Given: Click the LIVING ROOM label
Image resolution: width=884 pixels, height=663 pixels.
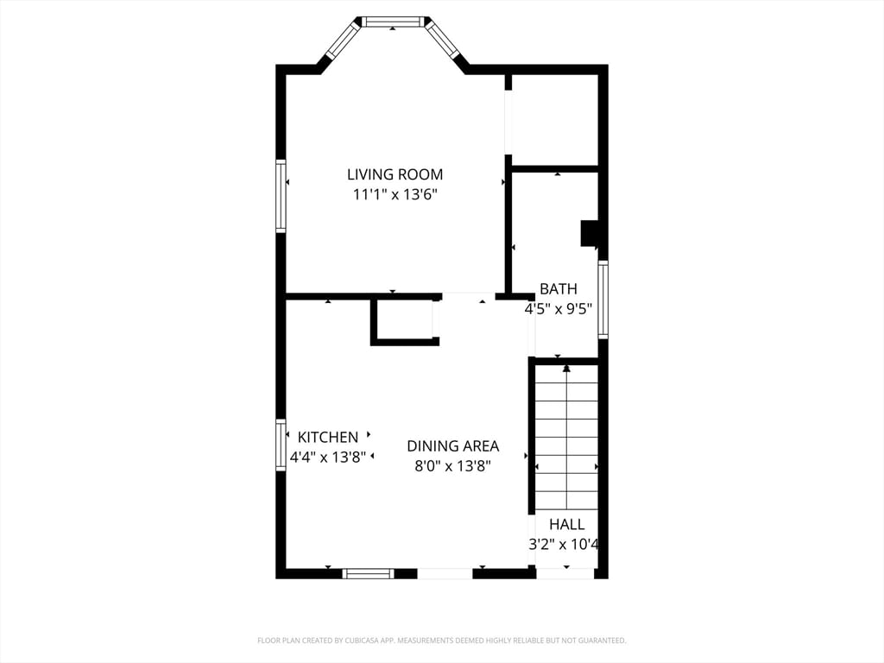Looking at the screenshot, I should click(x=395, y=174).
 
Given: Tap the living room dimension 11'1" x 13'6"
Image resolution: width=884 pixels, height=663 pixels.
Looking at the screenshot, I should click(x=395, y=194).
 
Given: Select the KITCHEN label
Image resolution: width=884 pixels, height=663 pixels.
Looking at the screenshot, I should click(x=327, y=438).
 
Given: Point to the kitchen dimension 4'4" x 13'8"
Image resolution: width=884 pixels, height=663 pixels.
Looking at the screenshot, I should click(x=327, y=457).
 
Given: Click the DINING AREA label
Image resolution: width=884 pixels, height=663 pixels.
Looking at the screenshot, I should click(x=452, y=446).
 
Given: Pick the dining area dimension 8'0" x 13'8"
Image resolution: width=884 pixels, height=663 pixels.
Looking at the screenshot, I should click(x=452, y=466).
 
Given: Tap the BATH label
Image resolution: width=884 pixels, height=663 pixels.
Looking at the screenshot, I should click(x=559, y=289).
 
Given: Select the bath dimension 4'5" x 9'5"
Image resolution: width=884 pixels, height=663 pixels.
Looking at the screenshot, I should click(x=559, y=308).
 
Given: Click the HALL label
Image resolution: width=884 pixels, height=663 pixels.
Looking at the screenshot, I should click(x=566, y=524).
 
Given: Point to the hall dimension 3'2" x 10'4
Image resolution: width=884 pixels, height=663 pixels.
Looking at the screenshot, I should click(x=564, y=544).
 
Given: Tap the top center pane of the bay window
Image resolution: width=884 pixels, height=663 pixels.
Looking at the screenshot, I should click(x=393, y=22).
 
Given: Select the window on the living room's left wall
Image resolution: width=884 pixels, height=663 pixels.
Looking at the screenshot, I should click(x=281, y=195).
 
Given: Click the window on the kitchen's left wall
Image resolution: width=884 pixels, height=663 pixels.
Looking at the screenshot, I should click(x=281, y=445).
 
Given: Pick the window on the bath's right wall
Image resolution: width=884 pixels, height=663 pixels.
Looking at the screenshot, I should click(x=603, y=300).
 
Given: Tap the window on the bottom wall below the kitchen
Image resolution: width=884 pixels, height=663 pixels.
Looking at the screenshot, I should click(x=369, y=573).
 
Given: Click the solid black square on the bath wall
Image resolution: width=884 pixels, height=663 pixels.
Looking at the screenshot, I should click(x=590, y=234).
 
